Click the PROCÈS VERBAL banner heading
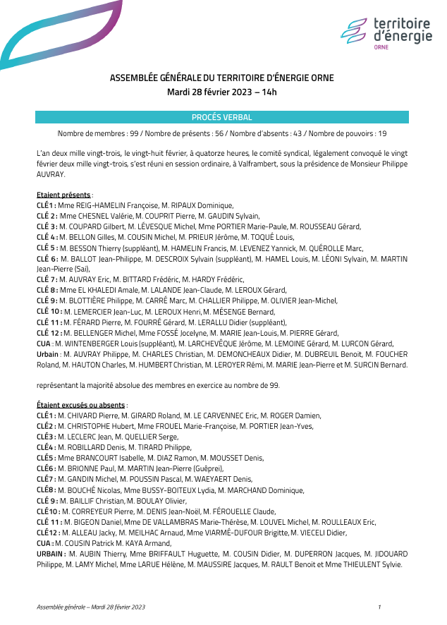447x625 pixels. (x=221, y=117)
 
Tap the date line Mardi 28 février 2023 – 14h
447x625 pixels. (x=221, y=92)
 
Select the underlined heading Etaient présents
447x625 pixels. (x=63, y=195)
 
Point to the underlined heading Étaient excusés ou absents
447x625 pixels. (x=81, y=405)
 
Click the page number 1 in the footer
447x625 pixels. (x=379, y=607)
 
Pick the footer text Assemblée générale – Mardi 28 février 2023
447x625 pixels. (x=91, y=607)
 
